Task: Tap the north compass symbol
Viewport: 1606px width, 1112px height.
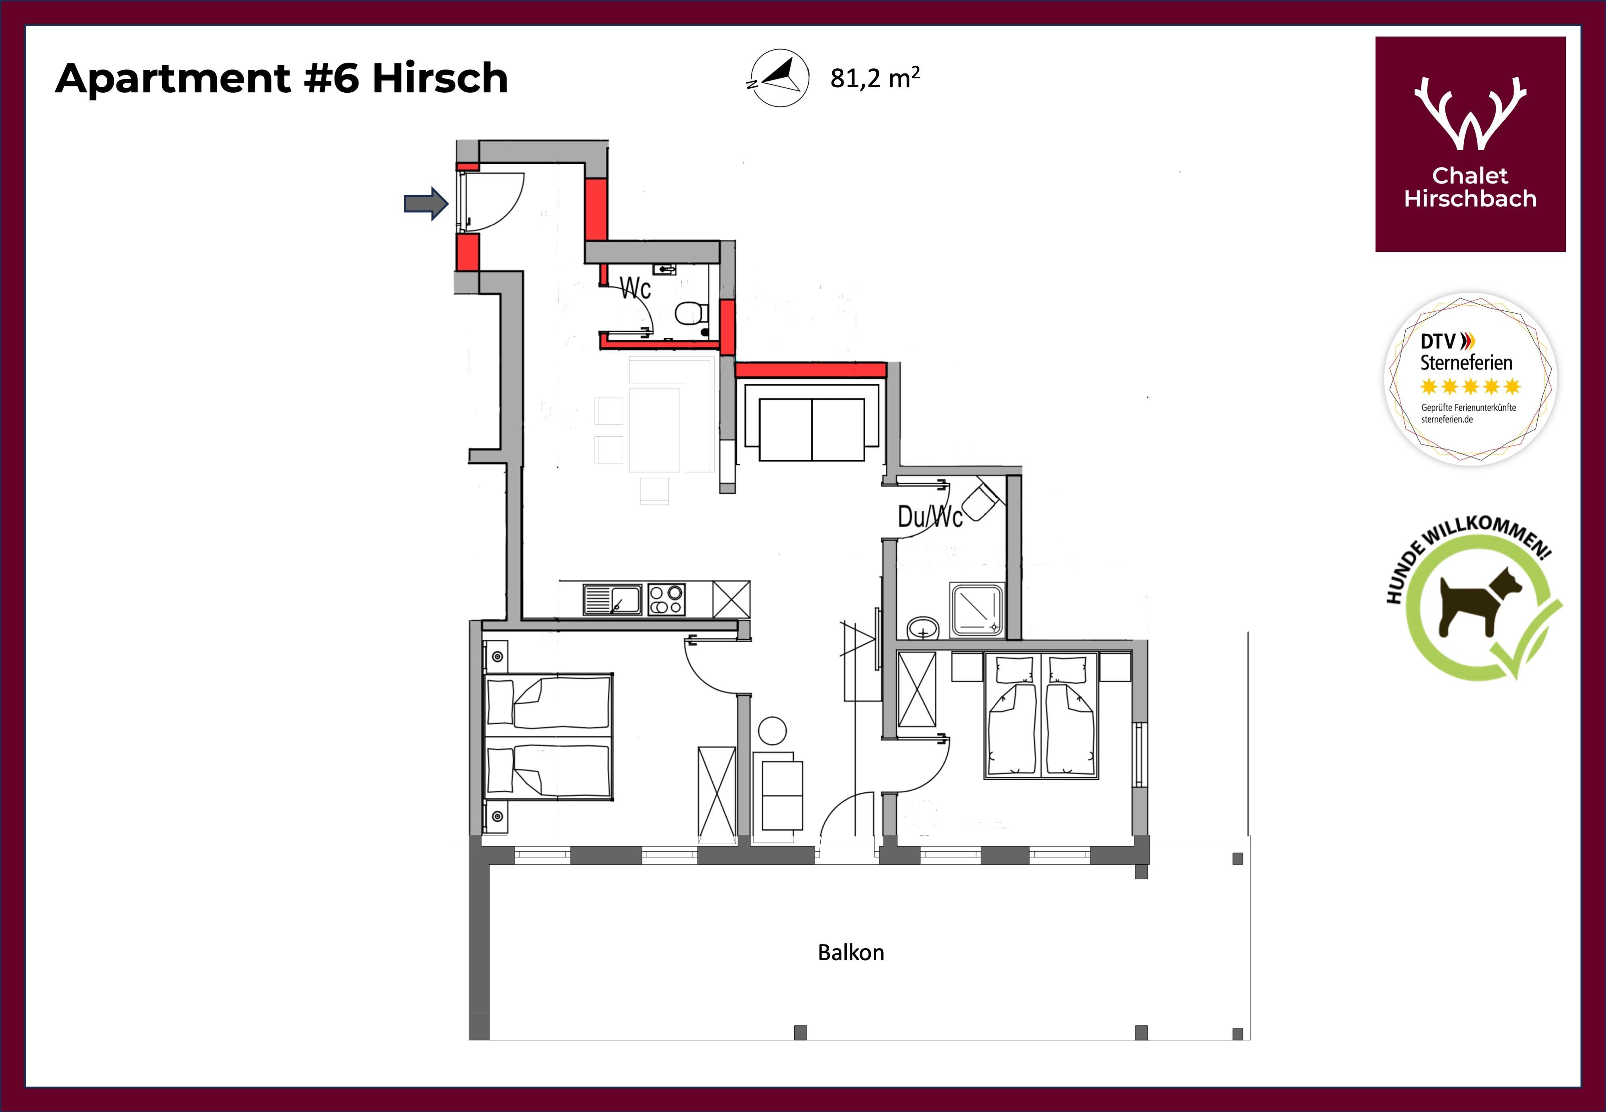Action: click(779, 78)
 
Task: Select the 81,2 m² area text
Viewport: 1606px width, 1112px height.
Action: click(875, 78)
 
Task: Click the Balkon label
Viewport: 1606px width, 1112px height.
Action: click(850, 953)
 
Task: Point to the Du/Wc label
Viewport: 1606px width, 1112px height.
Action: click(930, 516)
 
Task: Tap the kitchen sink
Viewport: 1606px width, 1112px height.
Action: click(612, 599)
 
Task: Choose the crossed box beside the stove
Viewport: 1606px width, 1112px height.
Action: click(731, 599)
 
